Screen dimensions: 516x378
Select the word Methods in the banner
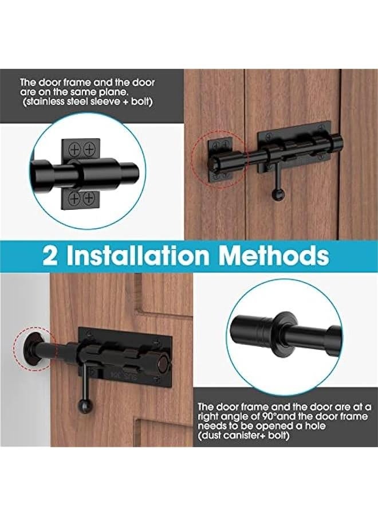click(x=275, y=256)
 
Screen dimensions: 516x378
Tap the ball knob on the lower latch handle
click(x=85, y=408)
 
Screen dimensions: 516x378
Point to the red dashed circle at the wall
click(x=34, y=349)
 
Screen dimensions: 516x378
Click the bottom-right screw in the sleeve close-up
click(x=89, y=198)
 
